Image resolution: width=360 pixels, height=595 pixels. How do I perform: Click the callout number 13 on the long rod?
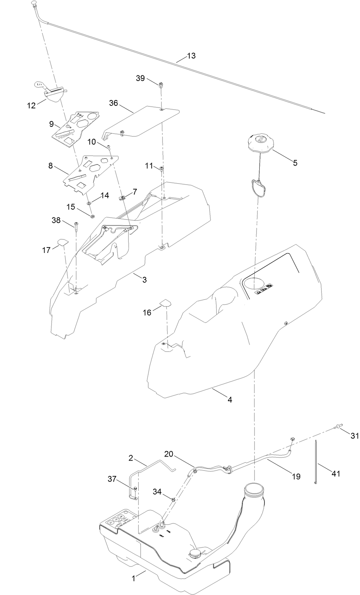(x=191, y=56)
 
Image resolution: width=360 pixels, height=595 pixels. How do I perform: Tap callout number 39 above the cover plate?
(x=140, y=78)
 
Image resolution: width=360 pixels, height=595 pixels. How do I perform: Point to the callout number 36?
(x=113, y=103)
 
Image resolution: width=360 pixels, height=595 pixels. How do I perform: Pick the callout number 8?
(x=50, y=166)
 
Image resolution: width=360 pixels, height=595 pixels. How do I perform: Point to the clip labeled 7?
(x=122, y=198)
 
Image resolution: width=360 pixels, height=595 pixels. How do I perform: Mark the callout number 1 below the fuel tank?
(x=133, y=579)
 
